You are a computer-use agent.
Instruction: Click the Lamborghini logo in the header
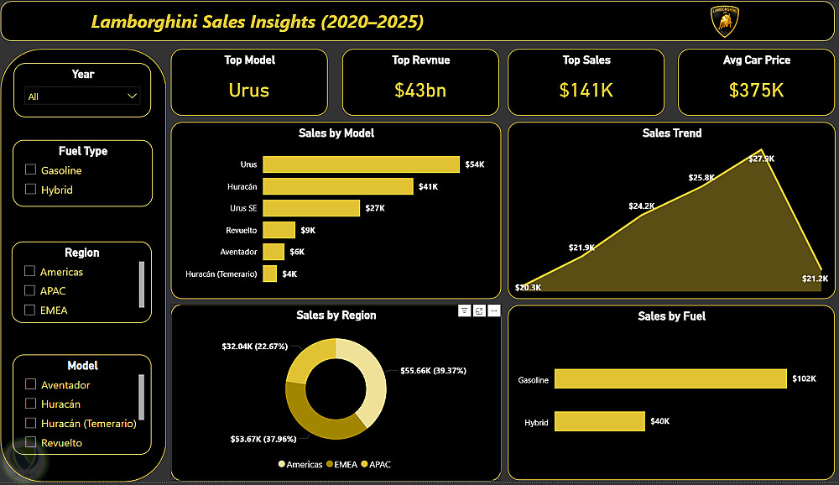[725, 22]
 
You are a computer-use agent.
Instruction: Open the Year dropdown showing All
[82, 96]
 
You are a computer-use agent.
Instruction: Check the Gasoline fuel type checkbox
[30, 170]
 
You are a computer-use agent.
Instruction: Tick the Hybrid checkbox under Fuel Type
[30, 190]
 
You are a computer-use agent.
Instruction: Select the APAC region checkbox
[30, 290]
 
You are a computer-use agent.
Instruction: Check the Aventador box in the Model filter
[30, 384]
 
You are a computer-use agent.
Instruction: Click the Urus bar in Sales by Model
[361, 164]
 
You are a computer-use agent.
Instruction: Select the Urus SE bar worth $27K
[310, 208]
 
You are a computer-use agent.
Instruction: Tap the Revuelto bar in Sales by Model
[279, 230]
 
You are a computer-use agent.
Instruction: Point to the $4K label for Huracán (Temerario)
[289, 274]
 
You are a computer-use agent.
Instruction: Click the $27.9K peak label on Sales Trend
[762, 159]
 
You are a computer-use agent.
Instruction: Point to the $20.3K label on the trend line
[529, 288]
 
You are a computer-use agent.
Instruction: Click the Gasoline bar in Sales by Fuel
[670, 379]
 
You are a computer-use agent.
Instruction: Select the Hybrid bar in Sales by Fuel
[599, 420]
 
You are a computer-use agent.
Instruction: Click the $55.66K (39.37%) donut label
[433, 370]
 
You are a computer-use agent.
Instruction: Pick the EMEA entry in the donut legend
[342, 464]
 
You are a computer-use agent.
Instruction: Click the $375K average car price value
[756, 90]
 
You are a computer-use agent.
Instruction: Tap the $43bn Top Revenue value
[419, 90]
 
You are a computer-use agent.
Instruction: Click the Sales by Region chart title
[336, 316]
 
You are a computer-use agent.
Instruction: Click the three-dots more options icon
[494, 310]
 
